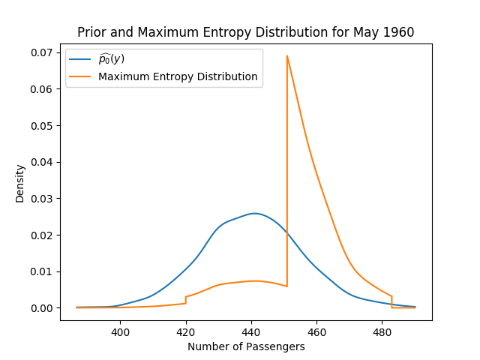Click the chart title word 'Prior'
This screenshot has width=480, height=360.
(x=92, y=32)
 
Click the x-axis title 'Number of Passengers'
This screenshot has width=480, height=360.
(x=246, y=346)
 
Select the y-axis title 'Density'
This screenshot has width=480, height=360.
(x=20, y=183)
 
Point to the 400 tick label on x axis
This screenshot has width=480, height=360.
(x=120, y=331)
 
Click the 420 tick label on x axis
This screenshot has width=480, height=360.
(x=185, y=331)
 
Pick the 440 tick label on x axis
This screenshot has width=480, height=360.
(x=250, y=331)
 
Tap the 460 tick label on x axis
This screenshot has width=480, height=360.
(x=316, y=331)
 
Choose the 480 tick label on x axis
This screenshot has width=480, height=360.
(x=382, y=331)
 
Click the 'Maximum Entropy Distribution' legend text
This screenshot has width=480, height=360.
(x=178, y=76)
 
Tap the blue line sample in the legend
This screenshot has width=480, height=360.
(x=80, y=59)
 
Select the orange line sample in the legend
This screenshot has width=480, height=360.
(x=80, y=76)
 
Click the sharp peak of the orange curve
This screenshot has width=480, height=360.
(x=286, y=55)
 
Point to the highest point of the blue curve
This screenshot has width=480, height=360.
(x=254, y=213)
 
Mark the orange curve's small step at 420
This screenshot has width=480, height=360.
(x=185, y=300)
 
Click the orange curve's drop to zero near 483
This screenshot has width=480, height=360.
(x=391, y=302)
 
